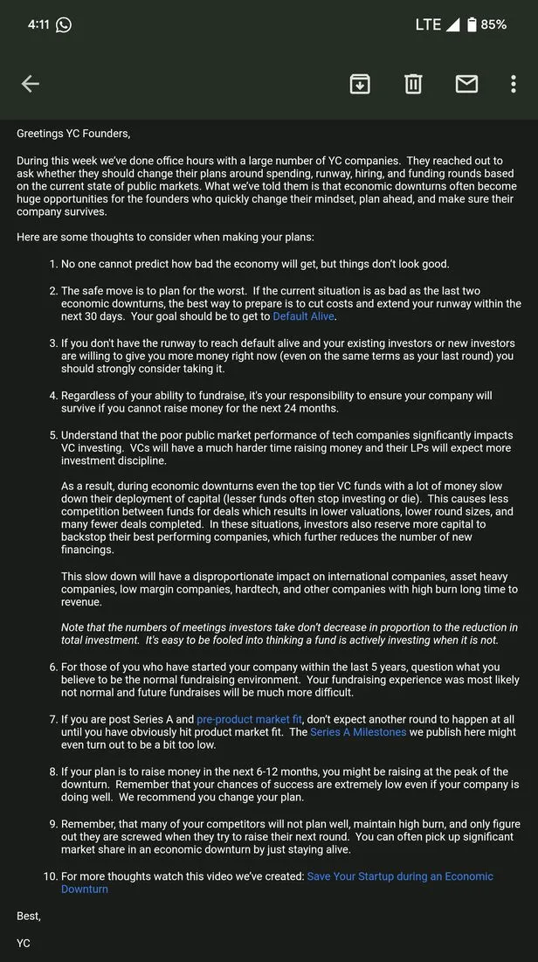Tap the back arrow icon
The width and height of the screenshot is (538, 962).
pos(31,84)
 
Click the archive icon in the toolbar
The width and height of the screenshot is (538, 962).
pos(360,84)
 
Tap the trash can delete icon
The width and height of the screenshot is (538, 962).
pos(413,84)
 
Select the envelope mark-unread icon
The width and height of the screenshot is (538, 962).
pos(466,84)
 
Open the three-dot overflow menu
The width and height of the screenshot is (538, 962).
pos(514,84)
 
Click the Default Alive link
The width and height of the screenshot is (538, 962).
pos(302,316)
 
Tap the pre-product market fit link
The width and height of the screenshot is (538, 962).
pos(250,719)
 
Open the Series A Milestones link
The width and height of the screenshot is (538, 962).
pos(358,732)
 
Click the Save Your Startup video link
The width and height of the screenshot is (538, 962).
pos(400,876)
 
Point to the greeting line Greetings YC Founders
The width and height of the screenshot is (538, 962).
pos(73,134)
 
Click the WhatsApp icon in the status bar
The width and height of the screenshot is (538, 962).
pos(63,24)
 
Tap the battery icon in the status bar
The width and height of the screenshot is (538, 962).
pos(472,24)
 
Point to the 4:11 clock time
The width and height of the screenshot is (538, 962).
pos(38,24)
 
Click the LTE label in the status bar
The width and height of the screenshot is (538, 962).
pos(428,24)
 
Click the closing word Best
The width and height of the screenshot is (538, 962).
pos(29,917)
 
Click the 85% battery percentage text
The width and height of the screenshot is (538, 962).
pos(493,24)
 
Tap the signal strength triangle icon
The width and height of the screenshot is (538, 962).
pos(452,24)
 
